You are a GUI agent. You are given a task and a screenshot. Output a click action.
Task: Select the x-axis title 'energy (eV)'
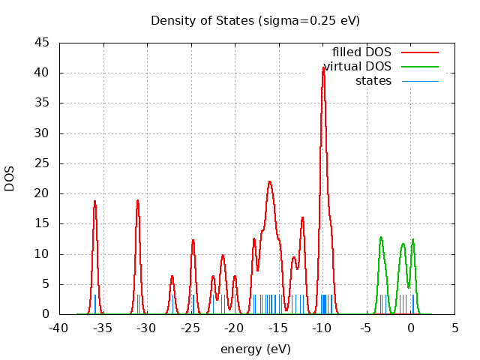pos(255,349)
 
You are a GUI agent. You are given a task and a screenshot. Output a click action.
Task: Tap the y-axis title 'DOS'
pos(10,178)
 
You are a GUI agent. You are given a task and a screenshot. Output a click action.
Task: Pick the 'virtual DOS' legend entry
pos(358,67)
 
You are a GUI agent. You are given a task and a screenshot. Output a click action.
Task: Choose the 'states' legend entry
pos(373,80)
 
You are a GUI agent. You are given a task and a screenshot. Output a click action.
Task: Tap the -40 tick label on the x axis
pos(58,328)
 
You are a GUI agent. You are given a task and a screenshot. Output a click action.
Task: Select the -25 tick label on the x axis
pos(190,328)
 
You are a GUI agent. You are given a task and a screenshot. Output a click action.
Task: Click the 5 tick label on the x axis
pos(454,328)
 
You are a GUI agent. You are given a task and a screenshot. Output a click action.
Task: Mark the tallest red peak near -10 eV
pos(323,67)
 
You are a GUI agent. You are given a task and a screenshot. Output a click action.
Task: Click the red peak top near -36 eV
pos(94,201)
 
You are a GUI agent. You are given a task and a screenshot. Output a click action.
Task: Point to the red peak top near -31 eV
pos(138,200)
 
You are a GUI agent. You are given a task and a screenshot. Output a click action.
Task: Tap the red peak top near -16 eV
pos(269,181)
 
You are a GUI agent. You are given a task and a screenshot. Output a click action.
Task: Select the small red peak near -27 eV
pos(172,276)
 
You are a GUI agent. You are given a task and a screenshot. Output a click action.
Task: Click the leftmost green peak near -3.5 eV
pos(381,238)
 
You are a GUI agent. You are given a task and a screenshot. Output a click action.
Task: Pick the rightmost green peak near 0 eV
pos(412,240)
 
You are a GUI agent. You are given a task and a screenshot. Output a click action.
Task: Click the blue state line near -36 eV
pos(95,304)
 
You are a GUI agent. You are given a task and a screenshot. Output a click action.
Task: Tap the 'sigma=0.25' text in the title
pos(308,20)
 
